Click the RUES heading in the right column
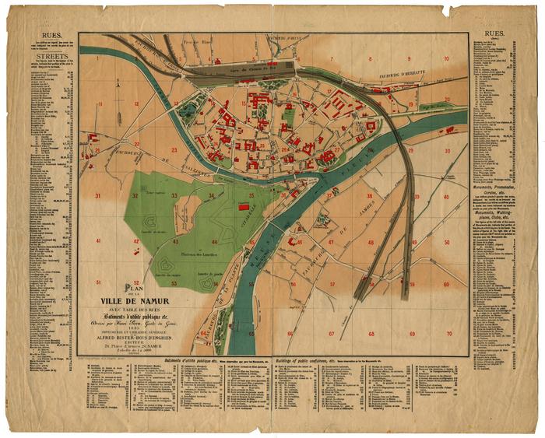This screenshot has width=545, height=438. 495,34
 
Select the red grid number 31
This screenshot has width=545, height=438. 97,196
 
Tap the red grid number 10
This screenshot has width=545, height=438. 447,59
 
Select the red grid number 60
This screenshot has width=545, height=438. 447,285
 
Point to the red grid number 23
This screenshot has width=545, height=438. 174,150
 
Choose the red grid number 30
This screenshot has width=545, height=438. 447,151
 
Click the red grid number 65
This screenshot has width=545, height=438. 251,334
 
